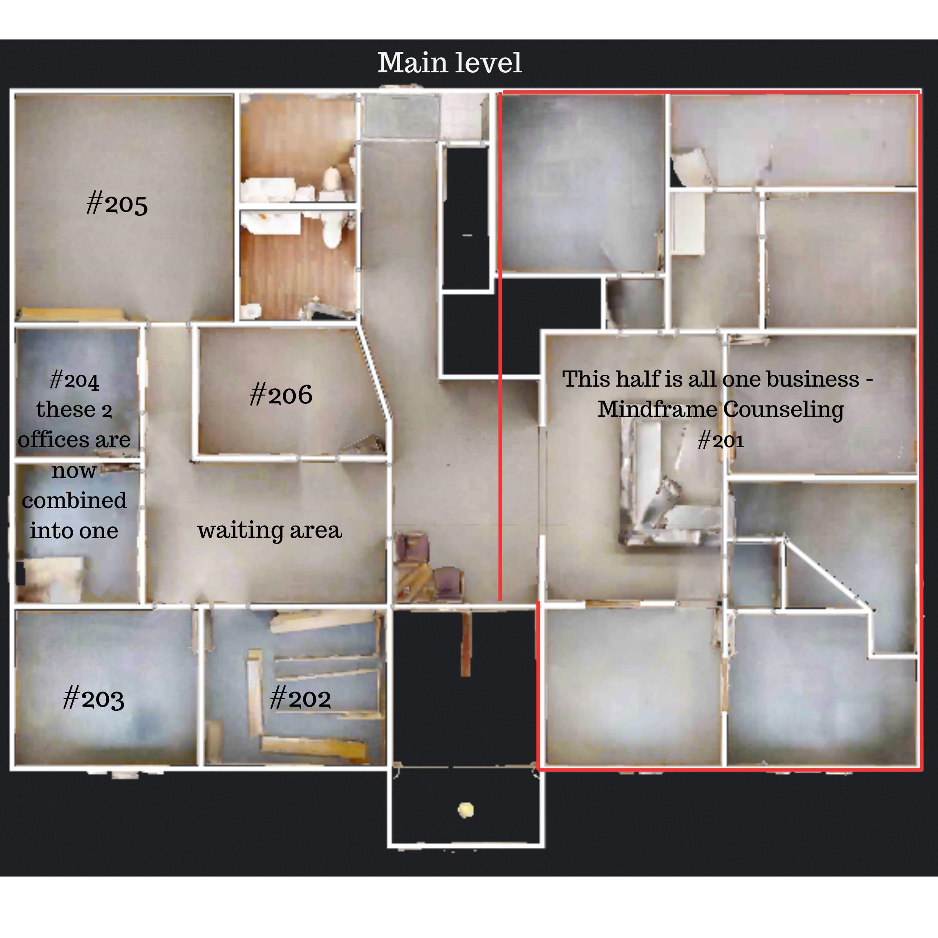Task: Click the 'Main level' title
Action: click(x=450, y=63)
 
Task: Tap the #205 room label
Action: click(x=117, y=203)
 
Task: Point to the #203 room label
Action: click(x=94, y=698)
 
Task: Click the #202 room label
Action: click(x=300, y=698)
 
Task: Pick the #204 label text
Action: click(x=75, y=380)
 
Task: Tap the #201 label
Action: click(x=721, y=440)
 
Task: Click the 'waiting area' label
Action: click(x=269, y=530)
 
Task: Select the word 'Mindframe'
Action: click(x=657, y=409)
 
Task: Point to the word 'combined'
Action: click(x=74, y=500)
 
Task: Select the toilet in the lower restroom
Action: click(x=333, y=230)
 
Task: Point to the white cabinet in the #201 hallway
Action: click(x=688, y=223)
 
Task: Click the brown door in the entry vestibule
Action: click(x=466, y=643)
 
